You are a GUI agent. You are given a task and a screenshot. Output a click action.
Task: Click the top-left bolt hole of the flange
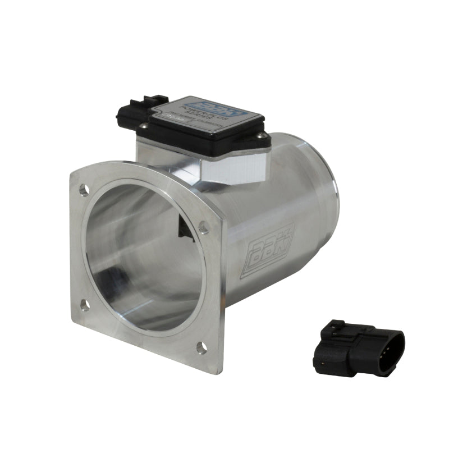(x=84, y=190)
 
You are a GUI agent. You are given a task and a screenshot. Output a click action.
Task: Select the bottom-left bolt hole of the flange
(x=84, y=305)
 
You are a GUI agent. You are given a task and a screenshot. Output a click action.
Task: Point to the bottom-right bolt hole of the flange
(x=201, y=347)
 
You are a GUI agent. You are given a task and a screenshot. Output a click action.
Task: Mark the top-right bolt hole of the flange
(x=204, y=227)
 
